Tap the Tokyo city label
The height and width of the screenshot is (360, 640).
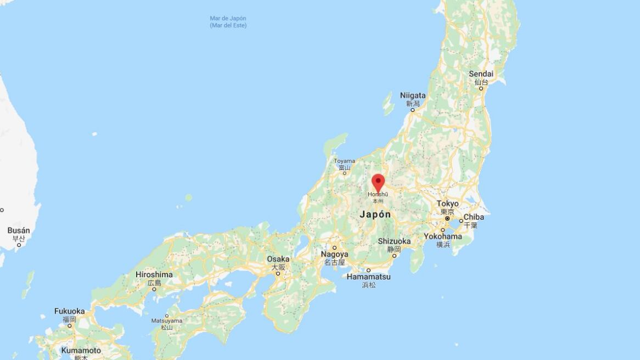click(447, 204)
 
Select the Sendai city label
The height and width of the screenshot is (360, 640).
click(481, 74)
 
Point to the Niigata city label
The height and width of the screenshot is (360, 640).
click(413, 95)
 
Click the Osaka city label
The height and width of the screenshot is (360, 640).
click(278, 259)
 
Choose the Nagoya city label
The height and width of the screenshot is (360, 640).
click(334, 255)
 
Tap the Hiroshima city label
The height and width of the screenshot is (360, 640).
click(154, 274)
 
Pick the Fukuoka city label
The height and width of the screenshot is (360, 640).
click(70, 311)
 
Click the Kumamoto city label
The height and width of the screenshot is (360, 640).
click(81, 350)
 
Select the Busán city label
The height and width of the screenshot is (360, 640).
click(19, 231)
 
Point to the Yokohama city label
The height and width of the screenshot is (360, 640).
click(442, 237)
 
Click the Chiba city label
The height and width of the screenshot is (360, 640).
click(473, 217)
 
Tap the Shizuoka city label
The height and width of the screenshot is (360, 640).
click(394, 241)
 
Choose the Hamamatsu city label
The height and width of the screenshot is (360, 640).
click(368, 277)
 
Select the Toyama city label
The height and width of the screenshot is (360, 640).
click(344, 161)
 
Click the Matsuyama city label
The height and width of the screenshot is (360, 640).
click(166, 320)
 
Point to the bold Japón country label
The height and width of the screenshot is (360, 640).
click(375, 215)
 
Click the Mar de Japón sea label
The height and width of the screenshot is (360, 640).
click(228, 19)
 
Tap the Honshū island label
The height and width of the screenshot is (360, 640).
click(378, 194)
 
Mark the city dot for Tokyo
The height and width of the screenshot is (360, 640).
click(447, 218)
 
